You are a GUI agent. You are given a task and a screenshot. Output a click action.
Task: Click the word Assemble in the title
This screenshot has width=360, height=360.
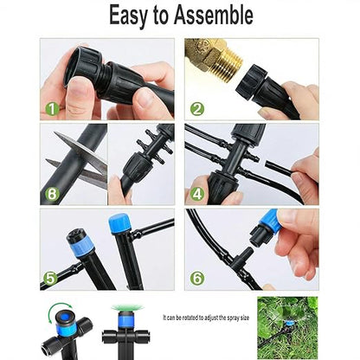click(x=210, y=15)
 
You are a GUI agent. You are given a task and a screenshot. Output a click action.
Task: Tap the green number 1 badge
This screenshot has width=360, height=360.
click(x=53, y=109)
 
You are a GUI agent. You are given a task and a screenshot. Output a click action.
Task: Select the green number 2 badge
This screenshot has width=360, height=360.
click(x=197, y=109)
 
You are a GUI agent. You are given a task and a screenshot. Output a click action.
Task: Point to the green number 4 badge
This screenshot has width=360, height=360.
click(x=197, y=194)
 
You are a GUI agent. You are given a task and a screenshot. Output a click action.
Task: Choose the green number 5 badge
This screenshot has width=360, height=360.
click(x=53, y=279)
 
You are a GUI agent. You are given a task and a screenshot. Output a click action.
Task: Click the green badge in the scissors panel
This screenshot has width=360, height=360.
click(x=53, y=194)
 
